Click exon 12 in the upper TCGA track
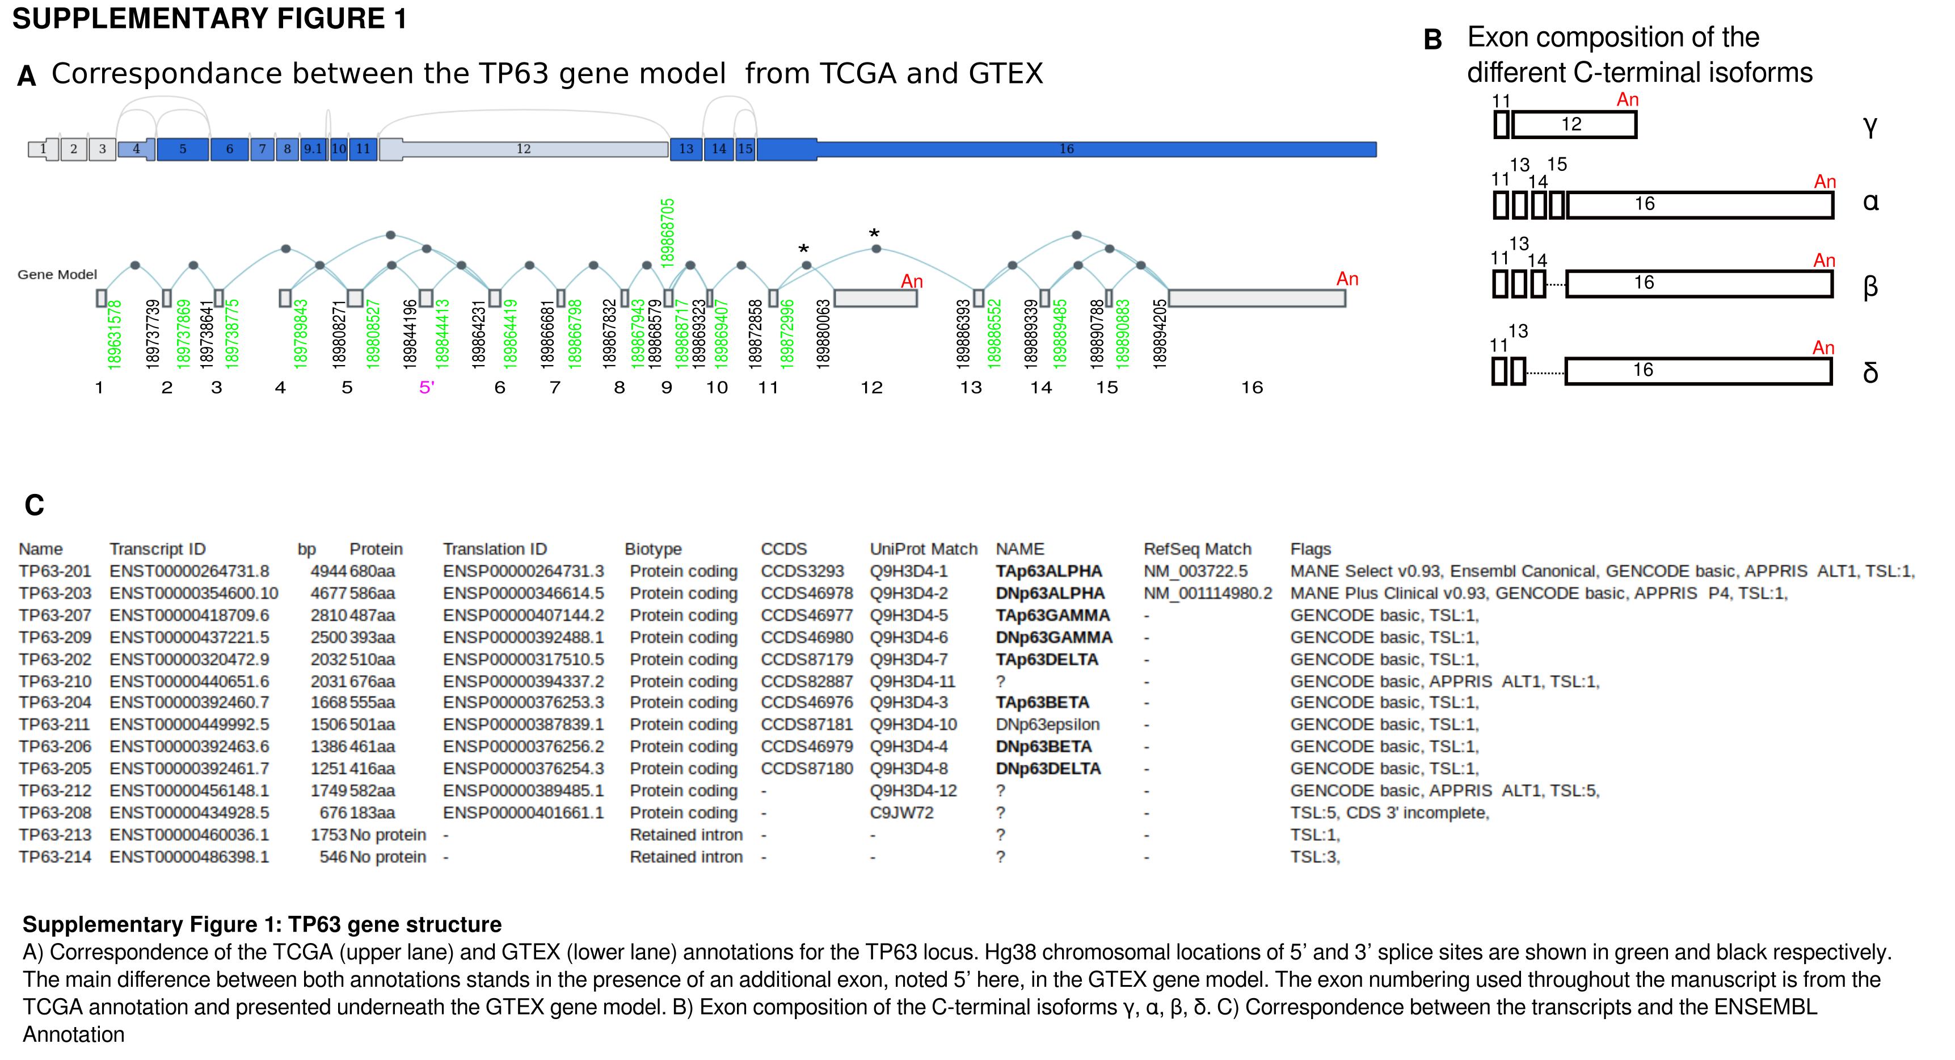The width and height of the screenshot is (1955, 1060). (524, 149)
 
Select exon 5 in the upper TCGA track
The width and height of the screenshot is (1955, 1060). (183, 149)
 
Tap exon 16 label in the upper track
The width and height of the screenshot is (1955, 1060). (1067, 149)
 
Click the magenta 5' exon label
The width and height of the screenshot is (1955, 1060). (427, 388)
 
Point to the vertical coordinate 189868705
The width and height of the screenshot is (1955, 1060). (668, 232)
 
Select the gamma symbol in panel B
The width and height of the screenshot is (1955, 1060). (1870, 126)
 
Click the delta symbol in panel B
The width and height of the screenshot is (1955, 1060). (1870, 372)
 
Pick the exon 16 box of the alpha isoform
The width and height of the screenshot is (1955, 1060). (1700, 204)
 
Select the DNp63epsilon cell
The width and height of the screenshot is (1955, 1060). (1047, 724)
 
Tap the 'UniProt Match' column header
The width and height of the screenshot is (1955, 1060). (923, 549)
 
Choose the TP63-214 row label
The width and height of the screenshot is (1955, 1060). (54, 857)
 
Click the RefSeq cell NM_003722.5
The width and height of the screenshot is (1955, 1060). (1195, 571)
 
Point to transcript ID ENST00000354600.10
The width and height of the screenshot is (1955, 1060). (193, 593)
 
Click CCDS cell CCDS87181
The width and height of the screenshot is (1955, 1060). (806, 724)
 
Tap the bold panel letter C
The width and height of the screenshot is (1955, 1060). (34, 505)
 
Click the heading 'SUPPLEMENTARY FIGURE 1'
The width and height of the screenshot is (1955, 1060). (209, 18)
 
